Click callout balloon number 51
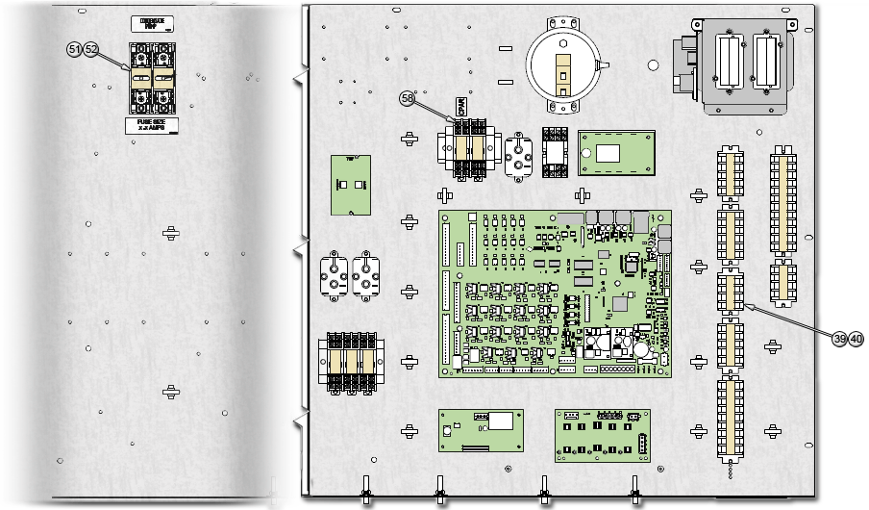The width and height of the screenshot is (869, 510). pos(75,49)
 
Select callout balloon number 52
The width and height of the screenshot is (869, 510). pos(91,49)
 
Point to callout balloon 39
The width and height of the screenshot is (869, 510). pos(839,340)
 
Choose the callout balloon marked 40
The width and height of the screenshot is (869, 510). pos(856,340)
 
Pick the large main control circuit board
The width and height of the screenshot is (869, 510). pos(556,293)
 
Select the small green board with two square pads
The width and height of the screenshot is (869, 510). pos(351,184)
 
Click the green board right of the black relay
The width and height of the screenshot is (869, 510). pos(609,153)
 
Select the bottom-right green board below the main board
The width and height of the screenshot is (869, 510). pos(602,432)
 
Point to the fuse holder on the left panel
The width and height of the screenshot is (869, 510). pos(152,77)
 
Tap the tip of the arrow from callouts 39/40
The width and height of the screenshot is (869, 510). pos(744,304)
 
